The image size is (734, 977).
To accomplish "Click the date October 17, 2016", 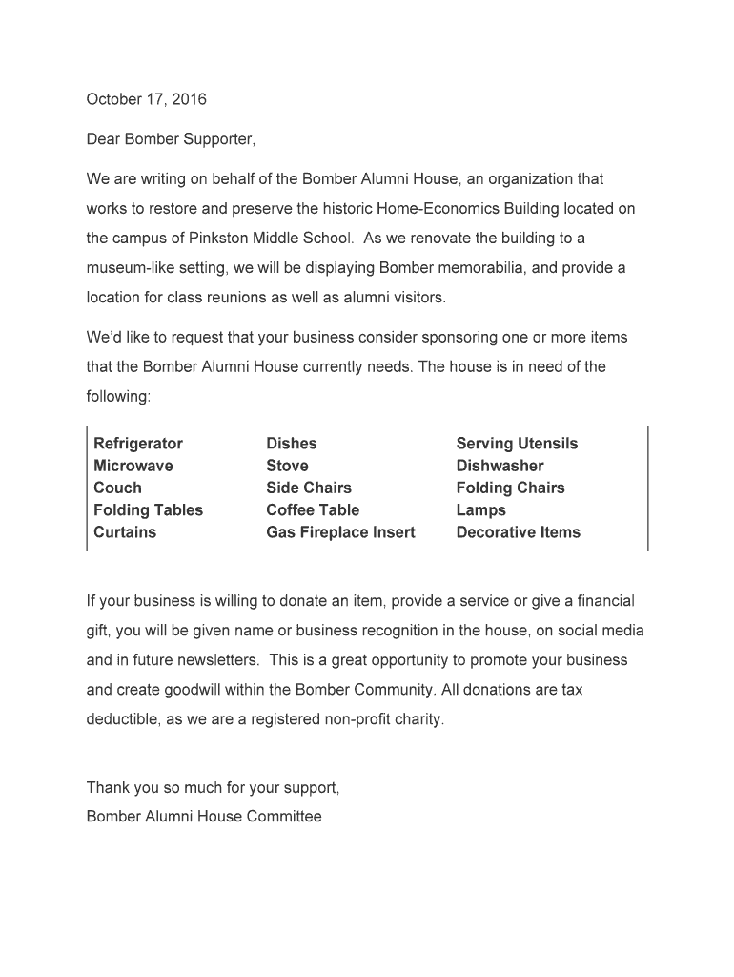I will (x=146, y=99).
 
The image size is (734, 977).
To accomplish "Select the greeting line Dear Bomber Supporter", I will (x=172, y=139).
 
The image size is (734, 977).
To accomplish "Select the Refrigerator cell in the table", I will (x=138, y=444).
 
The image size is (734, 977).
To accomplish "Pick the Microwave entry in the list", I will (x=133, y=466).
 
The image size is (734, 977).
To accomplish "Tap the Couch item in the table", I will (x=117, y=488).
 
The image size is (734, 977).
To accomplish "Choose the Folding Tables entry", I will (x=149, y=510).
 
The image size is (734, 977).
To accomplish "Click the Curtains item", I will (x=125, y=532).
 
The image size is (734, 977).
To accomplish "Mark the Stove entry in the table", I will (x=287, y=466).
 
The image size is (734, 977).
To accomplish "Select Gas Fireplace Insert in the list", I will (x=340, y=532).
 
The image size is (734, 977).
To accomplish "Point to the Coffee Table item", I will (x=313, y=510).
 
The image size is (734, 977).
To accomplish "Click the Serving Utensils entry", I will (x=517, y=444).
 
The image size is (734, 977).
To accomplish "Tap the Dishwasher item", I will (x=500, y=466).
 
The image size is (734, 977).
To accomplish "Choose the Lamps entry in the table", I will (x=480, y=510).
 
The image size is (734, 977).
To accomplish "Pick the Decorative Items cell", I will (x=518, y=532).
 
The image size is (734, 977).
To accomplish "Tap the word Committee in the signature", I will (x=284, y=817).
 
